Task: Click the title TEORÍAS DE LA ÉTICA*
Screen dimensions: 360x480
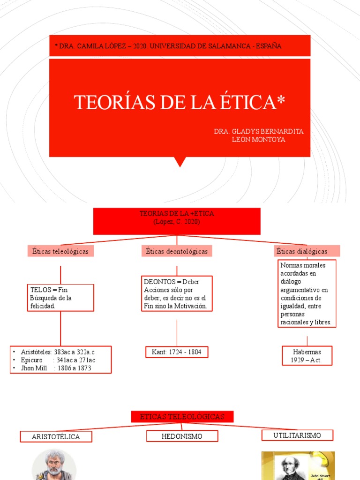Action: coord(180,102)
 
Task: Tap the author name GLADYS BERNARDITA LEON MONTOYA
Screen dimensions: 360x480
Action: coord(258,135)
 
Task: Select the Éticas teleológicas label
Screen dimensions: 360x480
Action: coord(60,251)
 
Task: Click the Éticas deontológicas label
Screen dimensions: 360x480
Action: coord(177,251)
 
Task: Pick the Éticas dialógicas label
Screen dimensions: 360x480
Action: coord(307,251)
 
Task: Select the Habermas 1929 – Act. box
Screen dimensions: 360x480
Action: coord(307,356)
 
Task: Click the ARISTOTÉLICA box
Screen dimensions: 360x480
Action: coord(56,437)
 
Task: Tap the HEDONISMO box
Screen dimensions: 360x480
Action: coord(182,436)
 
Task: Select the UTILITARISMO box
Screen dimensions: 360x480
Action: coord(297,435)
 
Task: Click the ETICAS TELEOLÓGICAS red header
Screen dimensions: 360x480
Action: coord(181,416)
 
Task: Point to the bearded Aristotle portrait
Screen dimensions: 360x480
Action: coord(54,464)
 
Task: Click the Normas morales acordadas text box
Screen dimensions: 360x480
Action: coord(306,294)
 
